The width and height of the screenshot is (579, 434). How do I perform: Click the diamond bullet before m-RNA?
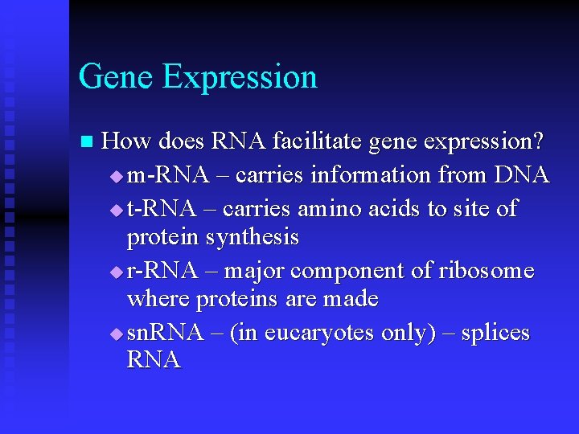click(117, 176)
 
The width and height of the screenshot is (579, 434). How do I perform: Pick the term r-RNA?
click(162, 271)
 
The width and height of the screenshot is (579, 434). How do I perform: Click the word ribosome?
click(487, 271)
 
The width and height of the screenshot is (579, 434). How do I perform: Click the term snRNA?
click(165, 333)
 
